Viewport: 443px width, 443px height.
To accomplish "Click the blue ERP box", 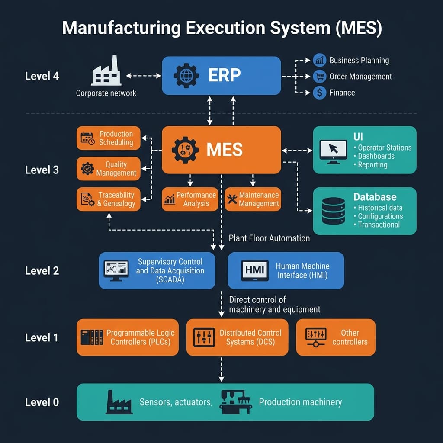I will (x=221, y=76).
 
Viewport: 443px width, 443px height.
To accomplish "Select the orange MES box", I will (x=221, y=150).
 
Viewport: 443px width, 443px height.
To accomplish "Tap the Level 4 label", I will (x=42, y=76).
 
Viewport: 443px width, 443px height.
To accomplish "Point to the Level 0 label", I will (x=42, y=402).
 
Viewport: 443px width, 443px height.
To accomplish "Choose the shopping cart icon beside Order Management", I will (x=319, y=77).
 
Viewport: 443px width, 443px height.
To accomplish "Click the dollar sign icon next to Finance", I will (x=319, y=93).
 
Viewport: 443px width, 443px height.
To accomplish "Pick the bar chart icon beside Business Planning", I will (x=319, y=60).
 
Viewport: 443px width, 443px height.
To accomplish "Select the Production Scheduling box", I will (x=109, y=138).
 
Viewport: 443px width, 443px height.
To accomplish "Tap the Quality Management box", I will (x=109, y=169).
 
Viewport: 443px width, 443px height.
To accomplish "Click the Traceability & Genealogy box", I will (x=109, y=199).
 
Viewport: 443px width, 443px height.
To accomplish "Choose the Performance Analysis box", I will (x=189, y=199).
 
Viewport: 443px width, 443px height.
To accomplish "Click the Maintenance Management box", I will (x=252, y=199).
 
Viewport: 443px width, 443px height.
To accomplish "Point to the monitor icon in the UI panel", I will (x=333, y=151).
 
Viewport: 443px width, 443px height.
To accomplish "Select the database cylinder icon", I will (x=333, y=211).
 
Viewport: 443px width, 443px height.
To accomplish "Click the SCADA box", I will (x=157, y=270).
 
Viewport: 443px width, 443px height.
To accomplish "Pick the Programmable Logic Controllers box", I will (x=128, y=337).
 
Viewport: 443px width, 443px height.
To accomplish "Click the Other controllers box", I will (x=335, y=337).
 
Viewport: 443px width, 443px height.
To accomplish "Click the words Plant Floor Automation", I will (x=269, y=238).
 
